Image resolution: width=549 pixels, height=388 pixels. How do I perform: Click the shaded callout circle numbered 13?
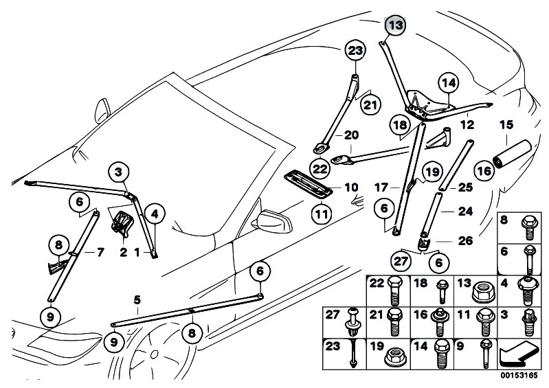coord(395,25)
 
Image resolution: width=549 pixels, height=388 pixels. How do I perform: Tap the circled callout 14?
coord(447,84)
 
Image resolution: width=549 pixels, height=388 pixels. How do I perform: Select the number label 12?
coord(467,126)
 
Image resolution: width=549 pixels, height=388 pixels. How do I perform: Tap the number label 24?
coord(465,212)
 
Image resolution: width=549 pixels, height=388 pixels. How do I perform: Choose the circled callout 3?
coord(119,172)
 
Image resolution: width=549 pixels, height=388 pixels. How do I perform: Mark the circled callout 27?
coord(400,261)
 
